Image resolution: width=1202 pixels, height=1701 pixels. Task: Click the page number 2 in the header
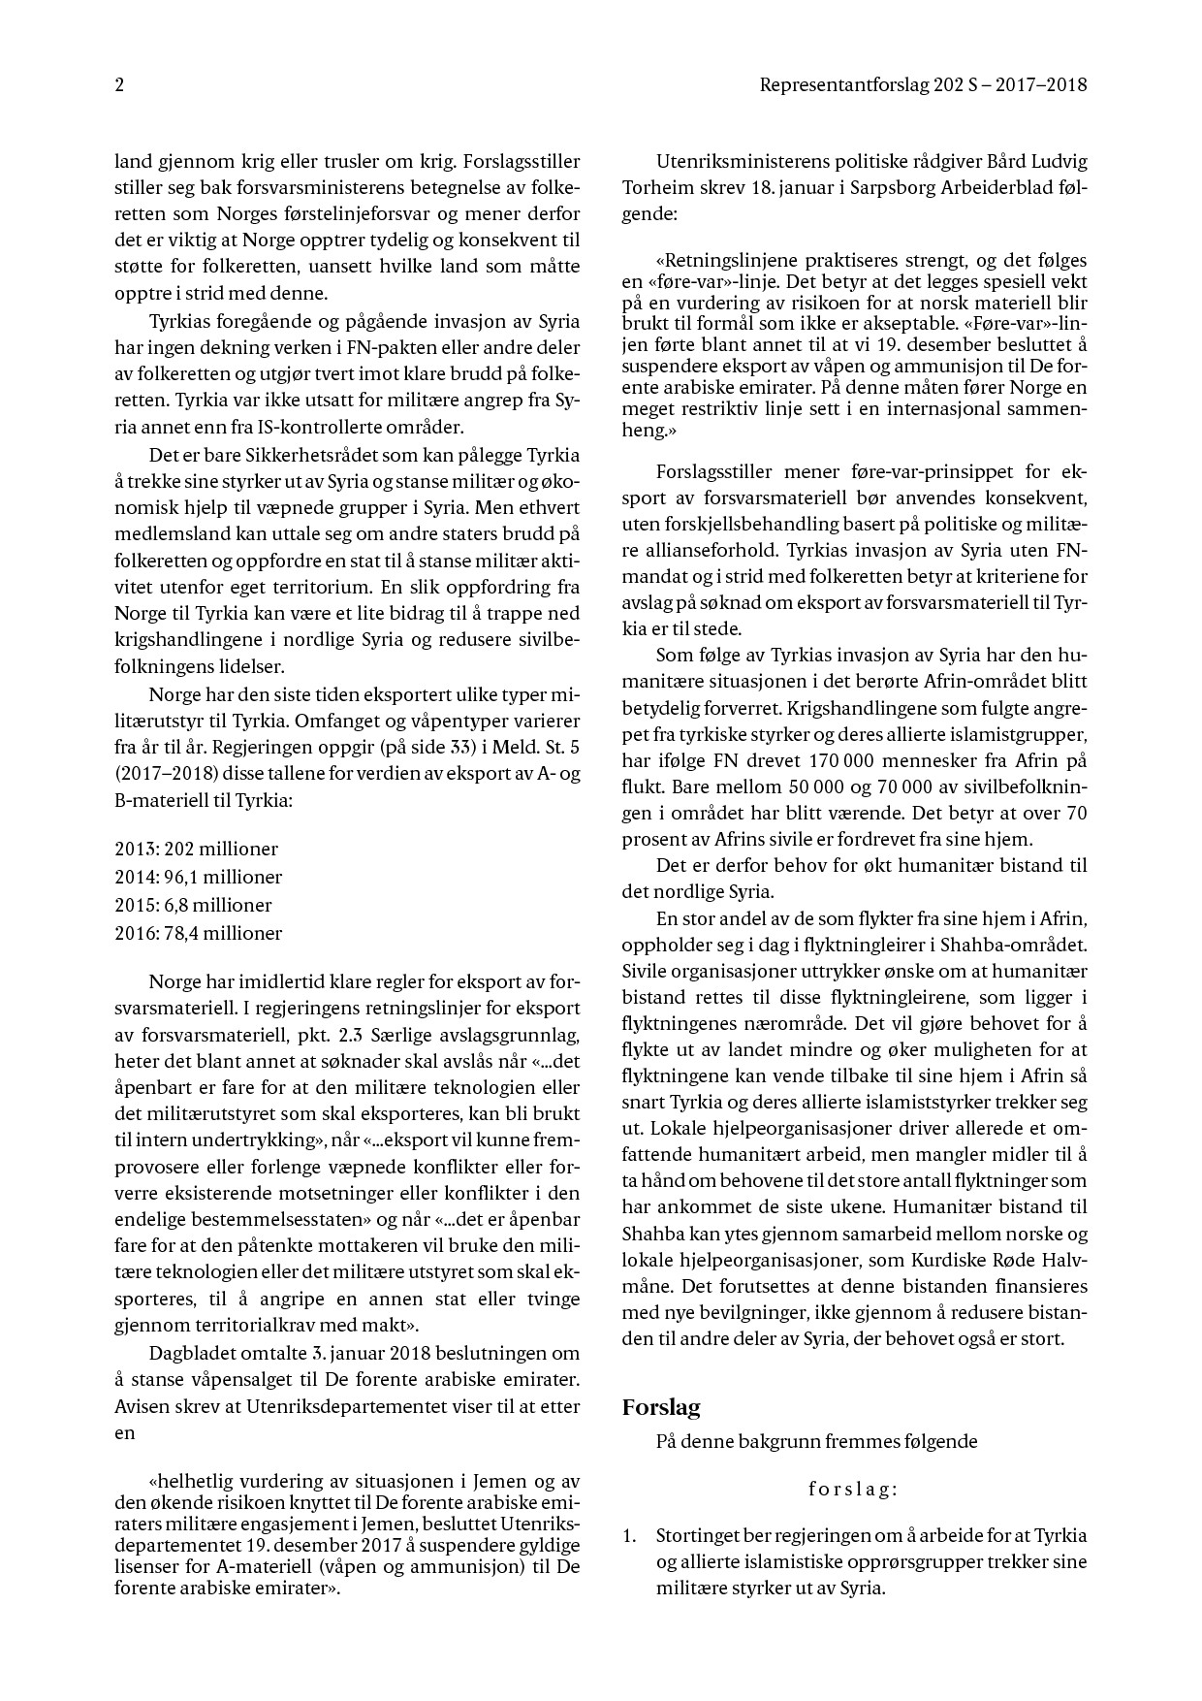(x=119, y=85)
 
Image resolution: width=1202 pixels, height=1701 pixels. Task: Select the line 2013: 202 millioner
(x=196, y=850)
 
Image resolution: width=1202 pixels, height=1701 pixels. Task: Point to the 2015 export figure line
(x=193, y=906)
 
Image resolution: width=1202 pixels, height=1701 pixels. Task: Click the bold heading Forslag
(x=661, y=1408)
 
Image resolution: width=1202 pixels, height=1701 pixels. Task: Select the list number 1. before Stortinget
(x=630, y=1536)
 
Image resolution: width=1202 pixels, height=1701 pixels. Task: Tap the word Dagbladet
(x=190, y=1353)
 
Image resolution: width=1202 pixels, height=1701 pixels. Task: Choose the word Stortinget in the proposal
(x=697, y=1536)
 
